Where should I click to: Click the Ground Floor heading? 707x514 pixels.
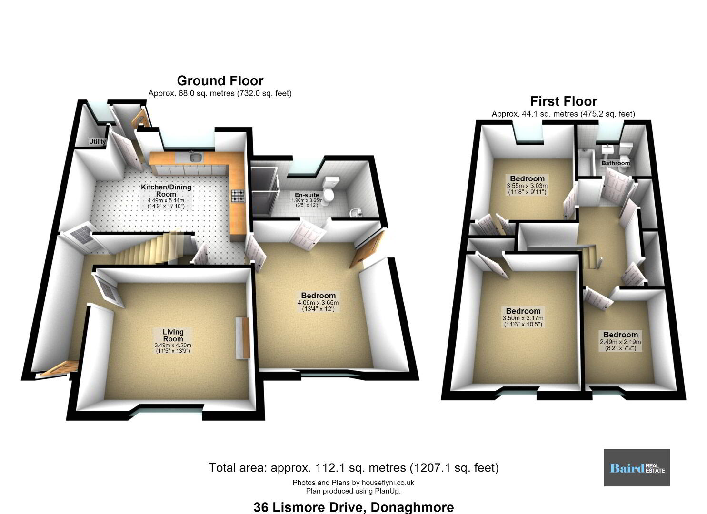point(220,81)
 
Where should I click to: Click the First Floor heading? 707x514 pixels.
point(563,101)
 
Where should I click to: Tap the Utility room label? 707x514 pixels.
point(97,142)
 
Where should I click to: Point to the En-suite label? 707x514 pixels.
point(307,195)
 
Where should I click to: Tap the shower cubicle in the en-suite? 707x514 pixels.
point(265,192)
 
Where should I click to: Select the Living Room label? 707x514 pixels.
point(173,335)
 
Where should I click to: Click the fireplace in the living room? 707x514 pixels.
point(243,337)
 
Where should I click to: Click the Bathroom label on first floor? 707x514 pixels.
point(616,163)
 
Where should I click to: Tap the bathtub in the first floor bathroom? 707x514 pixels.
point(587,162)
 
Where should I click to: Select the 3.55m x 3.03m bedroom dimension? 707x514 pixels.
point(527,186)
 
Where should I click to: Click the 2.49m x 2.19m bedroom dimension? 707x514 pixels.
point(620,342)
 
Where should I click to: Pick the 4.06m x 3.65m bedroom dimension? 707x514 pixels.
point(318,303)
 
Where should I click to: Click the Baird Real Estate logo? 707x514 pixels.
point(637,468)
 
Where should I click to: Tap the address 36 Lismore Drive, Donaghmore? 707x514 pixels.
point(353,507)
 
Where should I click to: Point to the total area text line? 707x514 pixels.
point(353,468)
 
